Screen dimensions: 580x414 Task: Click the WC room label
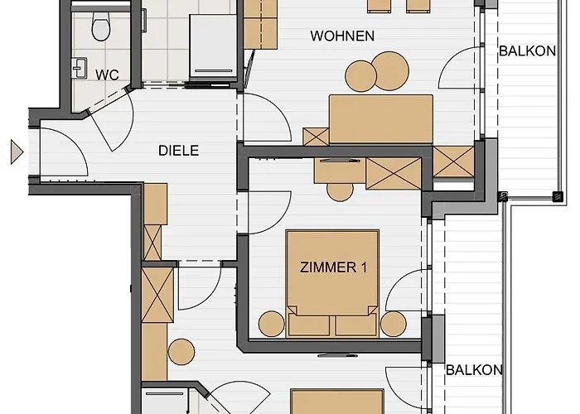pyautogui.click(x=107, y=75)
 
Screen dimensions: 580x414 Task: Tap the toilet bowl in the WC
pyautogui.click(x=100, y=26)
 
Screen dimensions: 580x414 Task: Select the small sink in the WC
pyautogui.click(x=80, y=68)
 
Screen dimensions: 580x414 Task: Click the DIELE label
pyautogui.click(x=179, y=151)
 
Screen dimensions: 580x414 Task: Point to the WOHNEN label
pyautogui.click(x=342, y=36)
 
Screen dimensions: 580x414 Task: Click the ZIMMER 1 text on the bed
pyautogui.click(x=334, y=267)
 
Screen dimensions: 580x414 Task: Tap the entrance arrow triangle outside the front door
pyautogui.click(x=17, y=152)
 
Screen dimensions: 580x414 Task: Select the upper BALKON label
pyautogui.click(x=528, y=51)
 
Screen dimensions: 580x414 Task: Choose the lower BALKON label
pyautogui.click(x=474, y=369)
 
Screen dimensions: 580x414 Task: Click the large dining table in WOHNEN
pyautogui.click(x=381, y=119)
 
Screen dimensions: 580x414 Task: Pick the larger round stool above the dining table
pyautogui.click(x=390, y=71)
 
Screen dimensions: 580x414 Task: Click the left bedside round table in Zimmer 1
pyautogui.click(x=272, y=324)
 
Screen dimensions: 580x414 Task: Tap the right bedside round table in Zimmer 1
pyautogui.click(x=394, y=324)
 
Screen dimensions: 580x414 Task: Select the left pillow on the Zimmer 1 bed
pyautogui.click(x=309, y=325)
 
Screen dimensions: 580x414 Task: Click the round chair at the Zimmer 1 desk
pyautogui.click(x=340, y=191)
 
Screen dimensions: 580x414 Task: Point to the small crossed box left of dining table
pyautogui.click(x=316, y=137)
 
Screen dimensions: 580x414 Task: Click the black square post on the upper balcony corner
pyautogui.click(x=558, y=197)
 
